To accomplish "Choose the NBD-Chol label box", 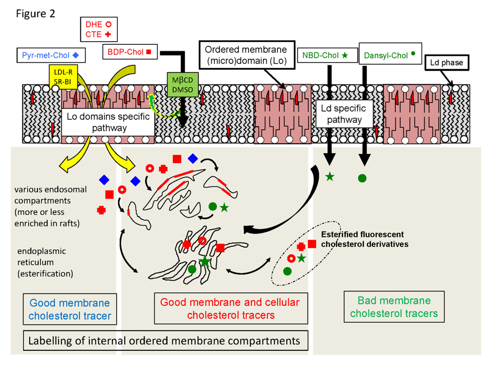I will coord(325,55).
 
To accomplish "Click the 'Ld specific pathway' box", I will coord(339,114).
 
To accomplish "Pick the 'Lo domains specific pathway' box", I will coord(109,122).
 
